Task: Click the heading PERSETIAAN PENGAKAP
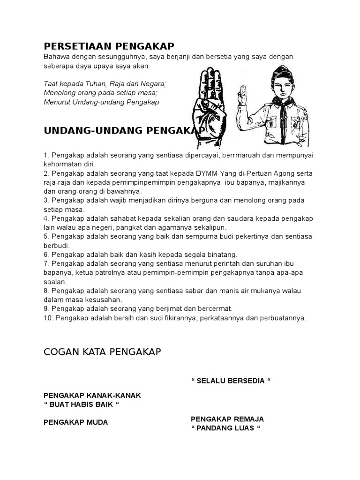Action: pos(109,46)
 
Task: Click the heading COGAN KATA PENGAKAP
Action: pos(102,352)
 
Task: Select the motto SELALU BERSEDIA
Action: pos(231,380)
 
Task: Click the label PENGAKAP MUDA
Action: pos(76,422)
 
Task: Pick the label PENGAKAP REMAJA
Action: pos(227,419)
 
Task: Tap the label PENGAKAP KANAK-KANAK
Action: pos(92,395)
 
